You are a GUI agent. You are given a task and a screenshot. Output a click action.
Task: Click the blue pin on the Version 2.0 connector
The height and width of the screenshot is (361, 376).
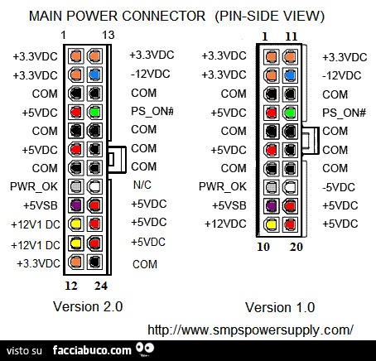click(x=95, y=75)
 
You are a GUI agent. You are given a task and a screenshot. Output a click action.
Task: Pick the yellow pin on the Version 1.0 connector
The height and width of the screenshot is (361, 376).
click(x=270, y=224)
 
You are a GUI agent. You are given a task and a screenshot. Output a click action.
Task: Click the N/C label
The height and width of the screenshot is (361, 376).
click(x=142, y=186)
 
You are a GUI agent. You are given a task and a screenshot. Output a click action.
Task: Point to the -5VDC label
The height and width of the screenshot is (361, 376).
click(x=339, y=186)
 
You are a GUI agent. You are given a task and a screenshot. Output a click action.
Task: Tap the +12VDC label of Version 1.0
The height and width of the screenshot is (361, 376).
click(x=224, y=224)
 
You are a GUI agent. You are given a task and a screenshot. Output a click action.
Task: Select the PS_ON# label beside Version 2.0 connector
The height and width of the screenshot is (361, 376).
click(x=150, y=111)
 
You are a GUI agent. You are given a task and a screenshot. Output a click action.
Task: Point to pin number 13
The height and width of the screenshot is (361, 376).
click(x=108, y=34)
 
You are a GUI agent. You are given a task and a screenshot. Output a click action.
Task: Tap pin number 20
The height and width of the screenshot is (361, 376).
click(x=296, y=246)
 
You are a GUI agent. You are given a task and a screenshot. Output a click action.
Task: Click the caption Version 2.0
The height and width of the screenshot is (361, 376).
click(x=88, y=306)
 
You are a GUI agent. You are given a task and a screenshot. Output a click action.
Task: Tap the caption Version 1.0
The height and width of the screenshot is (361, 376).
click(x=280, y=307)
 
